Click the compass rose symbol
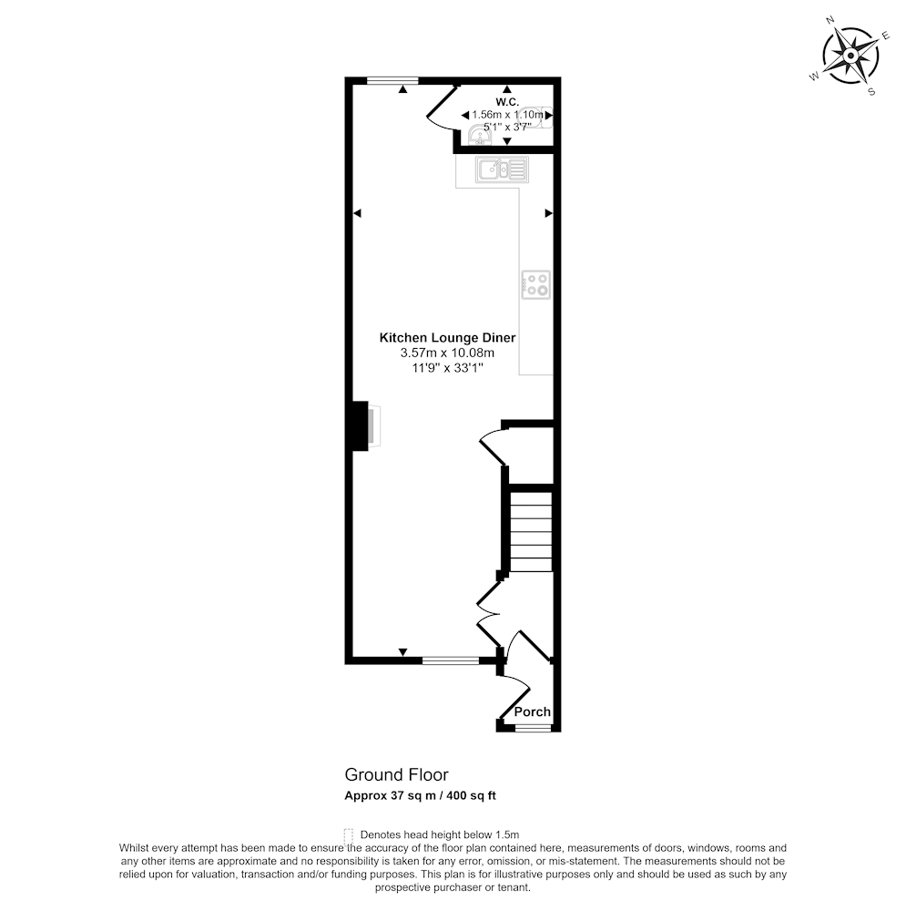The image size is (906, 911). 850,56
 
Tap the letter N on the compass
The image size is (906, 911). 830,20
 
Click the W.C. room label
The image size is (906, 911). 507,102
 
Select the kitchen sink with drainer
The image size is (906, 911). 502,169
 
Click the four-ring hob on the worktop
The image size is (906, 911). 535,284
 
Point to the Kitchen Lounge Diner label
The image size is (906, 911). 447,338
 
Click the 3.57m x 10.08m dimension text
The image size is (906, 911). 447,353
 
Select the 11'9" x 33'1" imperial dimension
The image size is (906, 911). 447,367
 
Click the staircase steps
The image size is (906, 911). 531,532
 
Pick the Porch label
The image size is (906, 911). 532,711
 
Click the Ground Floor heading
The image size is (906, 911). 397,774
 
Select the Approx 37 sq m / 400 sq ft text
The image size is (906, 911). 420,795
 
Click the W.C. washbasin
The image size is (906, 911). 480,137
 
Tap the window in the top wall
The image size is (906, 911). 392,81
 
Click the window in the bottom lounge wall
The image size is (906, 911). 451,660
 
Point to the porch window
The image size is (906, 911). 533,727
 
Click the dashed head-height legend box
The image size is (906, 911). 349,835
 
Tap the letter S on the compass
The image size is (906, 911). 871,92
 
